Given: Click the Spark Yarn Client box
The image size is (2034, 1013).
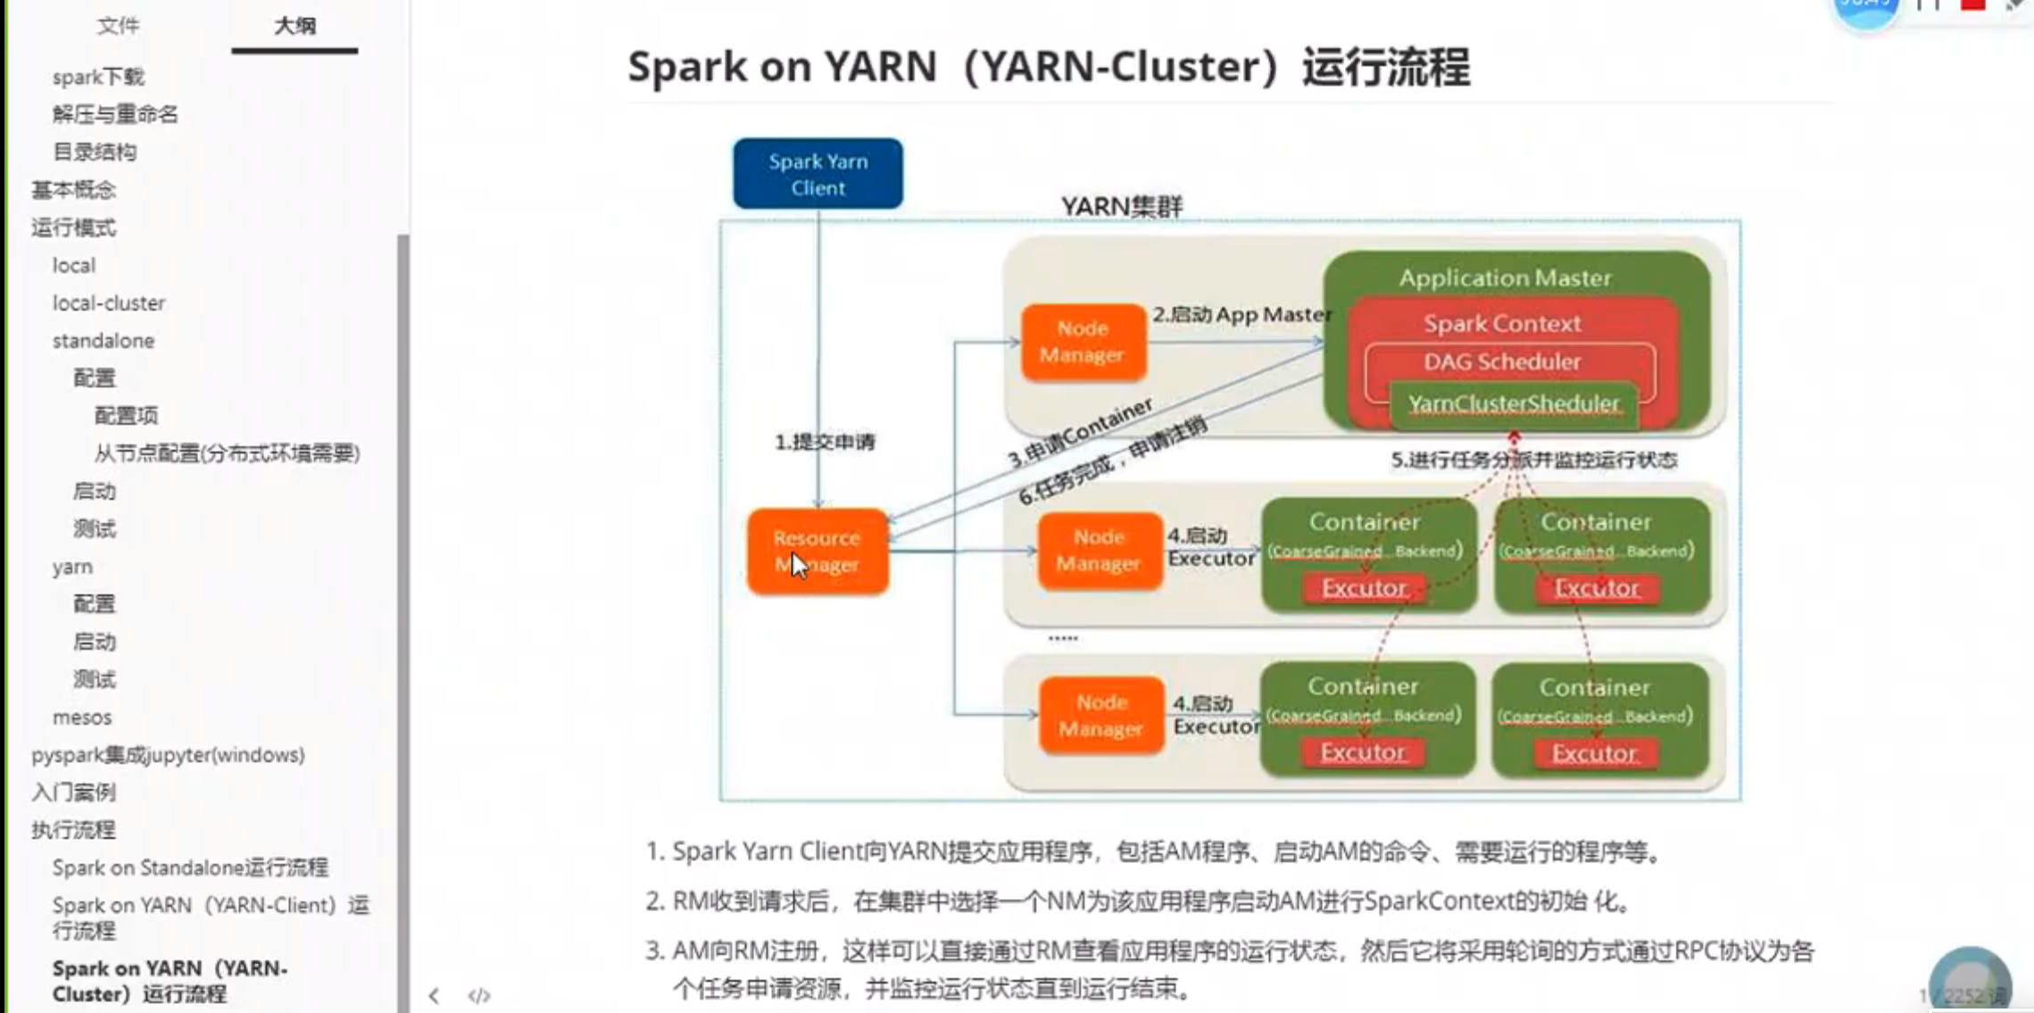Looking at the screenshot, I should point(818,174).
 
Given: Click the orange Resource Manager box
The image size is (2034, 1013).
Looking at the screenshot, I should point(818,551).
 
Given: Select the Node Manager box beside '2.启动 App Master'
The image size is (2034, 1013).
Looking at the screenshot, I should point(1083,342).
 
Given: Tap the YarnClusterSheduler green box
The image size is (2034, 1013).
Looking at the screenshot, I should point(1514,404).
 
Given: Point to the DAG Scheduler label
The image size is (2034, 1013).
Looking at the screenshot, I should point(1502,361).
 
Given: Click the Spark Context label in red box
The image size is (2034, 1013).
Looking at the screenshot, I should point(1502,323).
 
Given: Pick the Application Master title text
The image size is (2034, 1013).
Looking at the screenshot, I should point(1505,278).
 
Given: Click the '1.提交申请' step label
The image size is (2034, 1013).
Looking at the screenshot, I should point(825,442).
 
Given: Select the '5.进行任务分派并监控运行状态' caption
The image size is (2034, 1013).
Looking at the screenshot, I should point(1534,460).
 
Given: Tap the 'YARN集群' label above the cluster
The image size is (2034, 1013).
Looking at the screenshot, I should point(1122,206).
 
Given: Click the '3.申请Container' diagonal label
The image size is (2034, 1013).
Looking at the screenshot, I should point(1081,434).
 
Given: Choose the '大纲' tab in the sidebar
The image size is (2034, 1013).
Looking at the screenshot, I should point(295,26).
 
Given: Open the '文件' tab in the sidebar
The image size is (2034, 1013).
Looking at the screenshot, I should point(118,26).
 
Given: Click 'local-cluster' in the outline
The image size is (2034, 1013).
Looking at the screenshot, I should point(109,303).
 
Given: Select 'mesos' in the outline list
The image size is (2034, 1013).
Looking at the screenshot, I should point(82,718).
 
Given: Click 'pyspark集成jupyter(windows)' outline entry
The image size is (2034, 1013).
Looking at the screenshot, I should point(168,755).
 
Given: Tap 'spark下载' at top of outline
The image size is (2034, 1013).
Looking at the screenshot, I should point(98,77).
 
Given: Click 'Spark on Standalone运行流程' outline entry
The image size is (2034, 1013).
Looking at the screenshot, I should point(190,868).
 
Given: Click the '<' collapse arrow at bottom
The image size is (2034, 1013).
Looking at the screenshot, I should point(434,995).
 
